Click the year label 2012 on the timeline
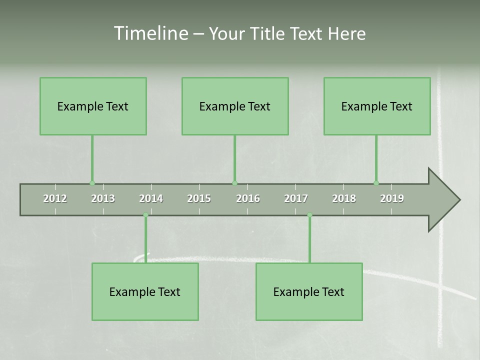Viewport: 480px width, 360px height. pyautogui.click(x=55, y=198)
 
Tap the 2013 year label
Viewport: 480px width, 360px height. pyautogui.click(x=103, y=198)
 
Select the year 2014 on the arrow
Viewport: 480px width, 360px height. pyautogui.click(x=151, y=198)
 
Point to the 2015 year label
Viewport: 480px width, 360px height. pyautogui.click(x=199, y=198)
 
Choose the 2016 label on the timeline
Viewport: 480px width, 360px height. pyautogui.click(x=248, y=198)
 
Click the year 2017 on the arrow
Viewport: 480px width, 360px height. pyautogui.click(x=296, y=198)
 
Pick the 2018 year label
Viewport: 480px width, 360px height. pyautogui.click(x=344, y=198)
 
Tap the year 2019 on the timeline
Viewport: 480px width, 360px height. pyautogui.click(x=392, y=198)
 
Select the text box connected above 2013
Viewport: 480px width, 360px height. pyautogui.click(x=93, y=106)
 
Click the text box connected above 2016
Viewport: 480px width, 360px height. pyautogui.click(x=235, y=106)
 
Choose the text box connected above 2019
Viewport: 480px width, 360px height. pyautogui.click(x=377, y=106)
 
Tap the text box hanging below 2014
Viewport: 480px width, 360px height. pyautogui.click(x=145, y=291)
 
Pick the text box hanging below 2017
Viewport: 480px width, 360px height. pyautogui.click(x=309, y=291)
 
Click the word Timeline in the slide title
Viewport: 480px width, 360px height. pyautogui.click(x=150, y=33)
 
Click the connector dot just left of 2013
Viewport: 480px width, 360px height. pyautogui.click(x=92, y=183)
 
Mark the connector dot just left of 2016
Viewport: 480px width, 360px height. pyautogui.click(x=235, y=183)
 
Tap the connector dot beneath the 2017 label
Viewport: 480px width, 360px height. pyautogui.click(x=309, y=215)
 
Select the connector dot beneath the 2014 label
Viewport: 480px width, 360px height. pyautogui.click(x=145, y=215)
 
